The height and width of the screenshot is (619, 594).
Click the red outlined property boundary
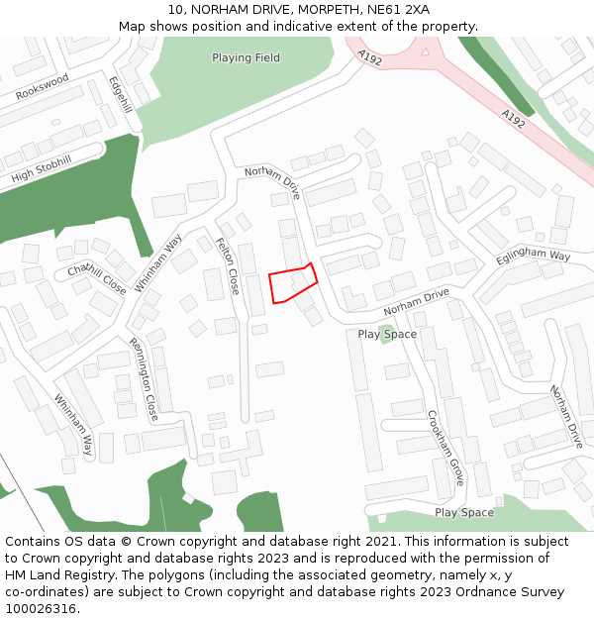coord(292,283)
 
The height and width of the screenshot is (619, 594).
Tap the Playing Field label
coord(246,57)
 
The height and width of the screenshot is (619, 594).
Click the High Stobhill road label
coord(42,169)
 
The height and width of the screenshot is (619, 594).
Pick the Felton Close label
coord(227,265)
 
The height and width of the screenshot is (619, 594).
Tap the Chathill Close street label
coord(97,279)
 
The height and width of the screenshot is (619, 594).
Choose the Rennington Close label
coord(144,379)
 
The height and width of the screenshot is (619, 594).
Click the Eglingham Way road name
coord(534,261)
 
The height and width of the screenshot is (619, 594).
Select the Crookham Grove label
coord(446,447)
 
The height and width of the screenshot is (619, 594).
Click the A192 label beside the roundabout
coord(370,59)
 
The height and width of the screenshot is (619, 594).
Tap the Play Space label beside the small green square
coord(387,334)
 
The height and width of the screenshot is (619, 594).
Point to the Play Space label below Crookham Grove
coord(463,512)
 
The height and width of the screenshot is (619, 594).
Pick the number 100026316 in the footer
coord(42,608)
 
